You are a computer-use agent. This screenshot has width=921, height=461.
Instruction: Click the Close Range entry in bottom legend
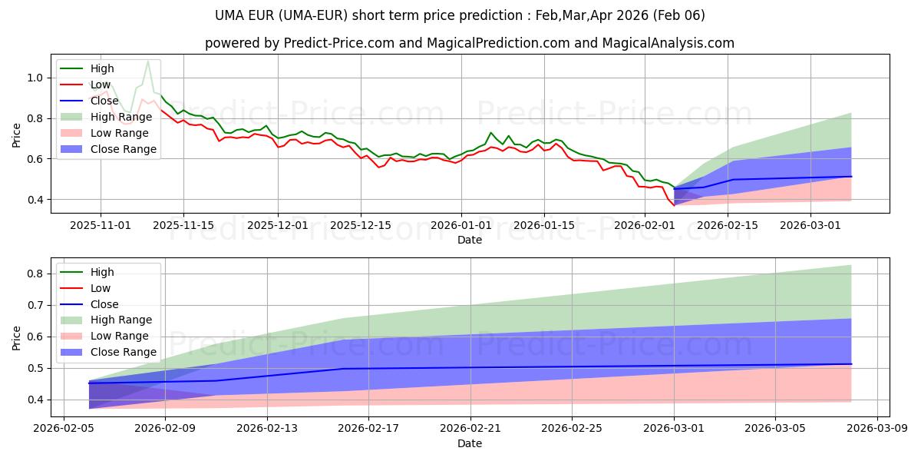(x=123, y=352)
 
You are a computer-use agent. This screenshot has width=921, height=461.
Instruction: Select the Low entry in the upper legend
(x=101, y=85)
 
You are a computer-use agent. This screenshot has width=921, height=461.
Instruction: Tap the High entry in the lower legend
(x=102, y=272)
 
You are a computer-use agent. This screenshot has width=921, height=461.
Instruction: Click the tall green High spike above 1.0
(x=147, y=61)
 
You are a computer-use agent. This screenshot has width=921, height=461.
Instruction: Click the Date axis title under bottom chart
(x=470, y=443)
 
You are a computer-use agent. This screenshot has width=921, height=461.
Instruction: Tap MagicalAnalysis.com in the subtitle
(x=675, y=43)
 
